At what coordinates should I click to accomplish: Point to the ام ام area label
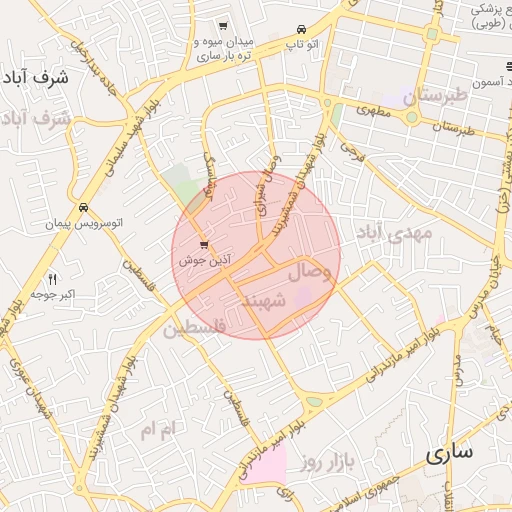158,430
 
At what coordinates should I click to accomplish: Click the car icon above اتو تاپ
302,28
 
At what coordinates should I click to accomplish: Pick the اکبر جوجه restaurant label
53,295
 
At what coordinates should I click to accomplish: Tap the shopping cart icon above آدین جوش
205,244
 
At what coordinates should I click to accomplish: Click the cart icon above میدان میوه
222,26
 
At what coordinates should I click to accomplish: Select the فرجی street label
350,150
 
